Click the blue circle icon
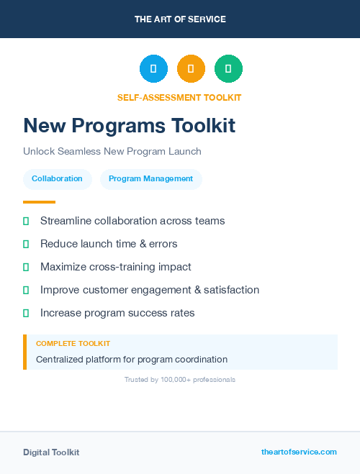[x=153, y=69]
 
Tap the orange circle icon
[x=191, y=69]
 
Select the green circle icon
[x=228, y=69]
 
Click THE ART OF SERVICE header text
[x=180, y=19]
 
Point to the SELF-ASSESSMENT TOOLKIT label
[x=179, y=97]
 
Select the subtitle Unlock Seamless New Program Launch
[x=112, y=152]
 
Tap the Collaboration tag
[x=57, y=178]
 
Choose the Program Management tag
[x=150, y=178]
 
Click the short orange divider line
[x=39, y=202]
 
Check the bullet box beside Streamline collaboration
[x=26, y=221]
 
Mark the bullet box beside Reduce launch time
[x=26, y=244]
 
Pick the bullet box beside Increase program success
[x=26, y=313]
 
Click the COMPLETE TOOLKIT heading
[x=73, y=344]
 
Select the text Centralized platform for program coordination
[x=132, y=359]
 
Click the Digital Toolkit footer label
[x=51, y=452]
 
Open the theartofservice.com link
[x=299, y=452]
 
